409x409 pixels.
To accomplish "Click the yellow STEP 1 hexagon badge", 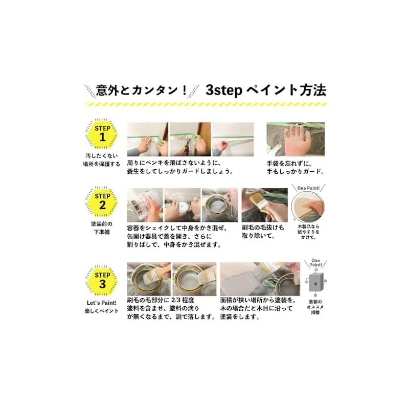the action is point(102,134).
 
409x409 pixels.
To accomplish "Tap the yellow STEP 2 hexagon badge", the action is point(102,201).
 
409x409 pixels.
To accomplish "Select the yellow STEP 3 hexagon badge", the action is point(102,281).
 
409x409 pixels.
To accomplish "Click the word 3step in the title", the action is point(224,90).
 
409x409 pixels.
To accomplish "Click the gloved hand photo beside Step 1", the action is point(296,139).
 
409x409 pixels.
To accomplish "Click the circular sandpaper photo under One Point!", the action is point(308,206).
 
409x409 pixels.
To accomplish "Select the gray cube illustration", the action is point(316,282).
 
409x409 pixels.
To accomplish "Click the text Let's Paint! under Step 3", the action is point(102,303).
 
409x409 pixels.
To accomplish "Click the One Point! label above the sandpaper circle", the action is point(308,188).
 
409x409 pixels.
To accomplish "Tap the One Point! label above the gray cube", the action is point(315,262).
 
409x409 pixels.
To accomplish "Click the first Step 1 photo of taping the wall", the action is point(147,139).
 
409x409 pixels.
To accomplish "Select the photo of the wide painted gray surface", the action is point(260,279).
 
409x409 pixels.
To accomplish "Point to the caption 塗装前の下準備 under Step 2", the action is point(102,228).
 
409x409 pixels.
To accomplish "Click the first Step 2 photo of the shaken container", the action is point(145,205).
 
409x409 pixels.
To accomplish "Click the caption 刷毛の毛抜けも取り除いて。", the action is point(263,232).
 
